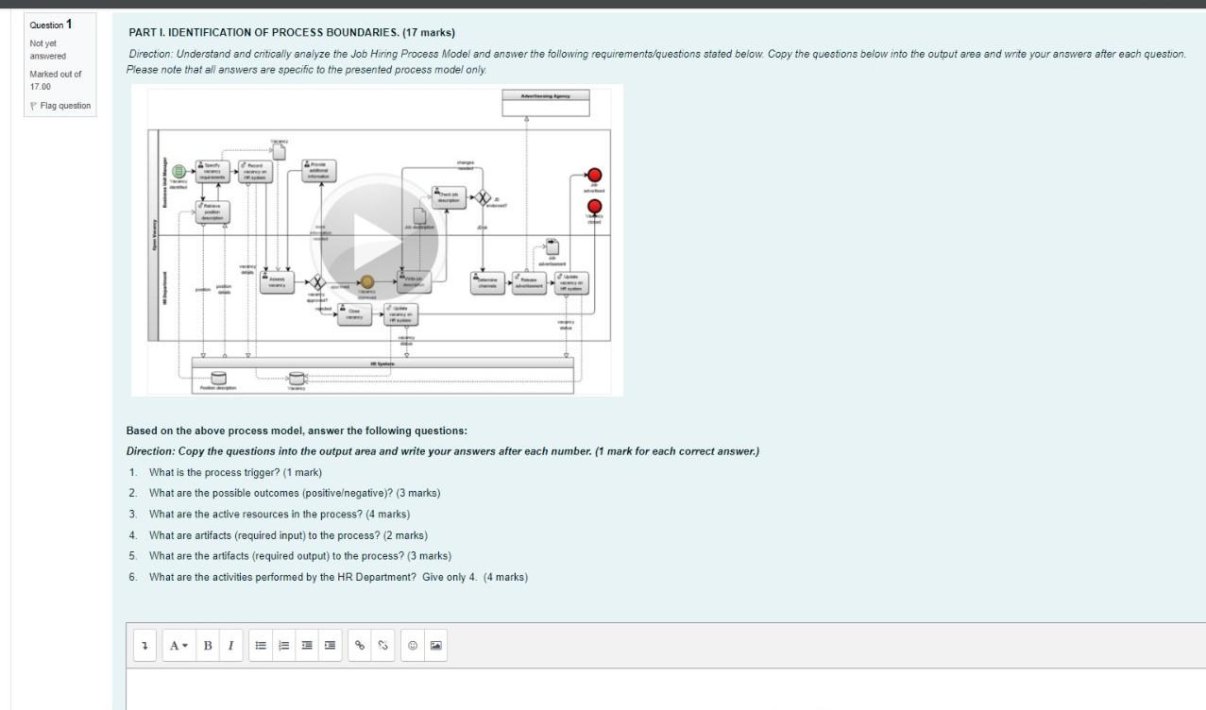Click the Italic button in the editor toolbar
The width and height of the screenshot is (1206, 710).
tap(229, 646)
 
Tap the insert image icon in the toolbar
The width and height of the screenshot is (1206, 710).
tap(435, 646)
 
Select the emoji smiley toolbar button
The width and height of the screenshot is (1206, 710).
tap(412, 646)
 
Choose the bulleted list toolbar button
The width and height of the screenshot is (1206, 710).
tap(260, 646)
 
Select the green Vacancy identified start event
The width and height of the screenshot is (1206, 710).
tap(178, 171)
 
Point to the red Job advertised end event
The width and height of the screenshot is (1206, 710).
tap(594, 175)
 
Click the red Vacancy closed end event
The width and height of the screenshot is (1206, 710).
tap(594, 206)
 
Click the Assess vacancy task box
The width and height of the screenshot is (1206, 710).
tap(278, 282)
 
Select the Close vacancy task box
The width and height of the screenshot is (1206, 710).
tap(354, 313)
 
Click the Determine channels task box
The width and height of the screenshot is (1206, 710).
tap(487, 282)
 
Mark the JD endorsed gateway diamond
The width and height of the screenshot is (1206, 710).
tap(484, 198)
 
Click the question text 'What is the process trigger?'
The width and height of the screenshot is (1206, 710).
tap(235, 472)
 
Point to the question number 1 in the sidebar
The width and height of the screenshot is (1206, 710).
tap(68, 24)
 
